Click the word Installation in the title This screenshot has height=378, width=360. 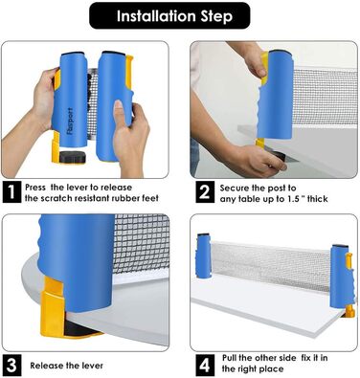[x=156, y=16]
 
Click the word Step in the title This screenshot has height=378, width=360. [x=216, y=16]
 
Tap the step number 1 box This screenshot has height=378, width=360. [x=11, y=192]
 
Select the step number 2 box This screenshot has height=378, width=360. [x=204, y=192]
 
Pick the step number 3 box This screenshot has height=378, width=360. [x=11, y=365]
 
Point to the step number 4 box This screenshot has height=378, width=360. [x=204, y=365]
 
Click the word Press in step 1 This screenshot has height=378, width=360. [x=35, y=188]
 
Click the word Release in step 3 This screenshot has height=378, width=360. [x=46, y=366]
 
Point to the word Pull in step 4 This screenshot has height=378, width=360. [x=230, y=358]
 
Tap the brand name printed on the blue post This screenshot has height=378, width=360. [x=70, y=121]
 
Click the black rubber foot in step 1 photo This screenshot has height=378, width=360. [x=73, y=157]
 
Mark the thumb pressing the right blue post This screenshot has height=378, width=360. [x=119, y=110]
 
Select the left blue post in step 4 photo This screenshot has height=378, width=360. [x=204, y=256]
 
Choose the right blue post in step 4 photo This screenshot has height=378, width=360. [x=340, y=277]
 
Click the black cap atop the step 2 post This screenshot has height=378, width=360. [x=281, y=51]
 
